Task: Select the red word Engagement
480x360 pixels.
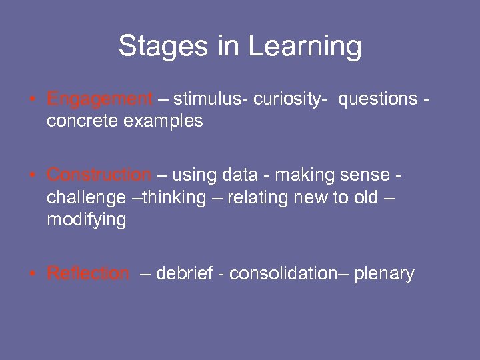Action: [x=99, y=100]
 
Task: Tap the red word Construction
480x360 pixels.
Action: [x=99, y=175]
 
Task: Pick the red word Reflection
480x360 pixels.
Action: [x=88, y=273]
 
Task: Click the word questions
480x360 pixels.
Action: [x=377, y=100]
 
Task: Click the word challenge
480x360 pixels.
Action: [x=87, y=198]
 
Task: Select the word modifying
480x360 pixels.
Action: [x=86, y=221]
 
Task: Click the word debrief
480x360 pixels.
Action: [x=186, y=273]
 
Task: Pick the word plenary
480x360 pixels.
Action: [x=384, y=274]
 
